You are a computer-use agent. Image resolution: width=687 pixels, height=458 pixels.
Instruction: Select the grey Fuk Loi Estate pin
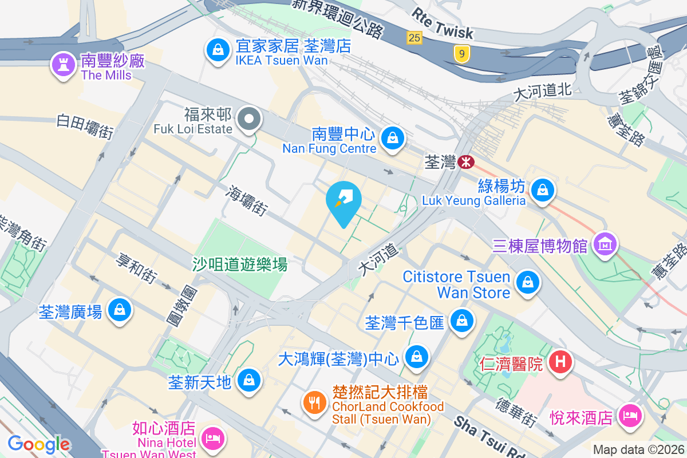click(x=250, y=120)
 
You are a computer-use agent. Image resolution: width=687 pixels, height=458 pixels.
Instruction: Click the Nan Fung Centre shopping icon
click(x=393, y=138)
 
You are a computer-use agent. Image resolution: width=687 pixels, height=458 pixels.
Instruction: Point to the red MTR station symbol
click(x=467, y=162)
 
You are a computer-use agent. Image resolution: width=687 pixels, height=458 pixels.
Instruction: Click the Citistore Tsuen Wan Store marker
click(x=527, y=282)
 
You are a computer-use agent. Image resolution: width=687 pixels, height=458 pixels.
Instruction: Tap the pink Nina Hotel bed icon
click(x=213, y=439)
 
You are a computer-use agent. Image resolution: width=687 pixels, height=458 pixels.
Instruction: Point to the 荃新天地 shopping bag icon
click(x=250, y=380)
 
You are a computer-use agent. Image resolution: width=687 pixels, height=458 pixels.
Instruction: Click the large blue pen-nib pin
click(x=343, y=201)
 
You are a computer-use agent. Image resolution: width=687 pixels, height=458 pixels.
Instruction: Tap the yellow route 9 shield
click(x=461, y=54)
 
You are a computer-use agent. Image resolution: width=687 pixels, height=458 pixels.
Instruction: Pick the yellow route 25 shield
click(x=414, y=38)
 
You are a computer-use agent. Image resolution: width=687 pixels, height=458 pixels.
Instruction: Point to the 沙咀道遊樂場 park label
click(x=239, y=264)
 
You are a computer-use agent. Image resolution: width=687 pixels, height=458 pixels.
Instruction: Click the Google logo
click(x=38, y=444)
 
